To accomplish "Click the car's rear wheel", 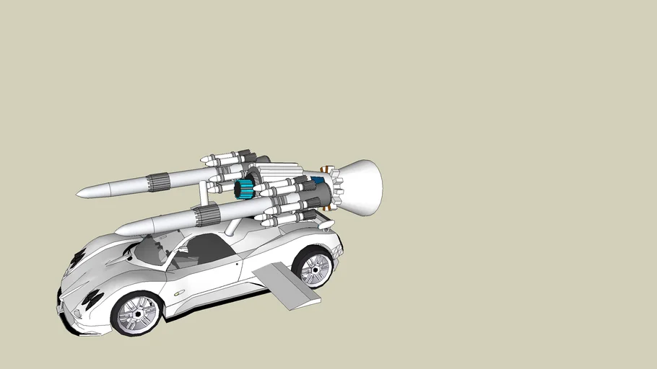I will pos(314,267).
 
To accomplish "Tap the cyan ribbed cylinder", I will pos(244,190).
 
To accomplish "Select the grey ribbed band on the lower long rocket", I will pos(205,213).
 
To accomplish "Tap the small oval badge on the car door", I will pos(178,292).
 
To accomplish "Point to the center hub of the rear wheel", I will pos(315,268).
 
